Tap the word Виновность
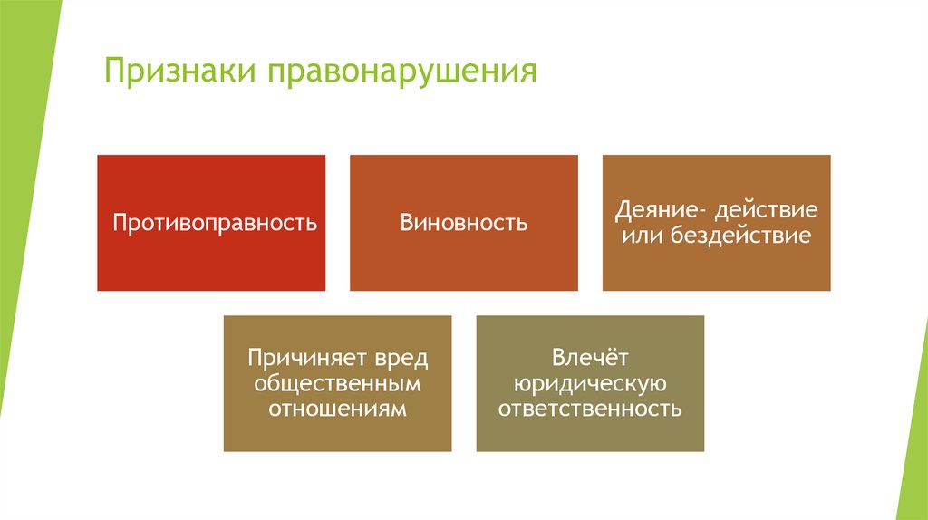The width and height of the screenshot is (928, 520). (464, 223)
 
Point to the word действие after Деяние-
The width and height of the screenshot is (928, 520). (766, 210)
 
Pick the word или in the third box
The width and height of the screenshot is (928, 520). (643, 236)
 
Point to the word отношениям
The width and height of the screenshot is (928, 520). (337, 409)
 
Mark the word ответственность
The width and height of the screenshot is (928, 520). (590, 409)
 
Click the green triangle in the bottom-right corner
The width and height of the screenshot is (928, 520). (913, 471)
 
